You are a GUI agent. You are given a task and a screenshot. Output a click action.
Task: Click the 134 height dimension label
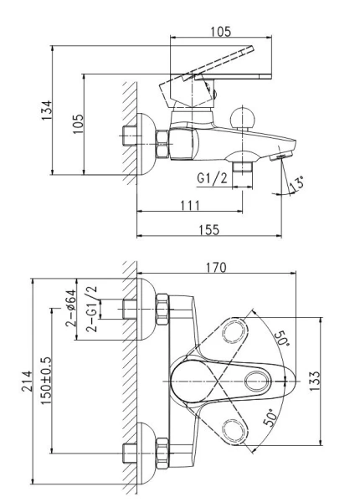pyautogui.click(x=46, y=110)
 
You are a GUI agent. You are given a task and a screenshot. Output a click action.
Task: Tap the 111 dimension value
pyautogui.click(x=190, y=206)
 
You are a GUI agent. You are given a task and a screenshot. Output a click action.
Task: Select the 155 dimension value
pyautogui.click(x=209, y=230)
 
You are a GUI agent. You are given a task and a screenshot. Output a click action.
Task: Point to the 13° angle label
pyautogui.click(x=296, y=184)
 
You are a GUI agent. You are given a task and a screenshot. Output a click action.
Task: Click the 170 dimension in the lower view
pyautogui.click(x=216, y=268)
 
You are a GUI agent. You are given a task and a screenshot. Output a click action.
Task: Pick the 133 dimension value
pyautogui.click(x=315, y=381)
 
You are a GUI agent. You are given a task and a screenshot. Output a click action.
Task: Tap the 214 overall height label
pyautogui.click(x=27, y=381)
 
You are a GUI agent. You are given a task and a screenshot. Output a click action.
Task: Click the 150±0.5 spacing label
pyautogui.click(x=46, y=381)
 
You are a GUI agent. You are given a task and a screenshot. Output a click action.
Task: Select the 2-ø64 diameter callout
pyautogui.click(x=71, y=308)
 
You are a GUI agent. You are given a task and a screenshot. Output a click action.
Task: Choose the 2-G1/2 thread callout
pyautogui.click(x=91, y=309)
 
